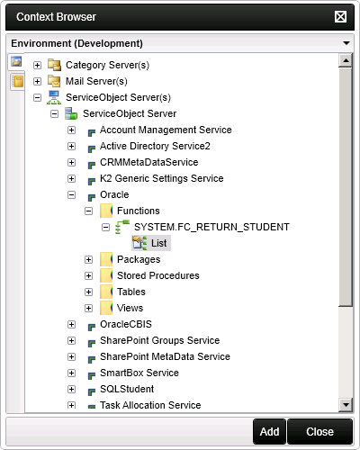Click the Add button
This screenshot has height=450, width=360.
tap(269, 432)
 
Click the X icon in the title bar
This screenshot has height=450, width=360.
tap(340, 17)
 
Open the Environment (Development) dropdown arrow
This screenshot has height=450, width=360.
tap(346, 43)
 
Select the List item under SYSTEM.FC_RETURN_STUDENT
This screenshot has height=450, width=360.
tap(158, 243)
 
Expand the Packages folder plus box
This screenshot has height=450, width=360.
tap(88, 259)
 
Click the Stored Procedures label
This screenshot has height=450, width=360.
tap(158, 275)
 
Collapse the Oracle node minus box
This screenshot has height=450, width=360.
tap(71, 195)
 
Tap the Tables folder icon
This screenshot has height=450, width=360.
tap(106, 292)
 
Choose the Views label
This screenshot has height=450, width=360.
tap(130, 308)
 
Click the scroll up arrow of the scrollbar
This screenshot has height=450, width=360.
tap(346, 60)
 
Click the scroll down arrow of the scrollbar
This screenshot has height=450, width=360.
tap(346, 405)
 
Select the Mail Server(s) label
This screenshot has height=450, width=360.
tap(96, 81)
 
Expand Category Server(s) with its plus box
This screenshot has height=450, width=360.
tap(37, 65)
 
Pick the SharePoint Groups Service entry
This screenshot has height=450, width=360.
tap(159, 340)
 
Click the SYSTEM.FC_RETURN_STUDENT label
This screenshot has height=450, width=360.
tap(211, 227)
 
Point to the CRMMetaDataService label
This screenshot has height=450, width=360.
tap(149, 162)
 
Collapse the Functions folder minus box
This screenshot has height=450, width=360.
tap(88, 211)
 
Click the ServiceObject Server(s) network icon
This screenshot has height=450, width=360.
tap(54, 97)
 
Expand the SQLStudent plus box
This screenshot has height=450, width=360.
tap(71, 390)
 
